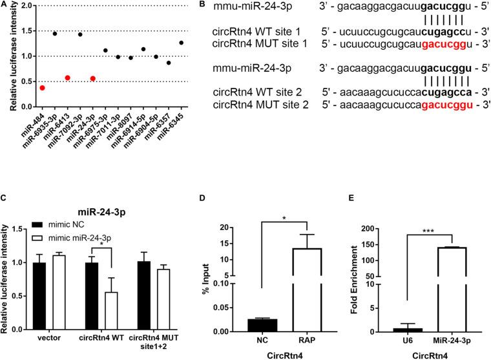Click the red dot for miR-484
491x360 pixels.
[x=42, y=88]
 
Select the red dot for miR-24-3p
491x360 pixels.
[x=92, y=78]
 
